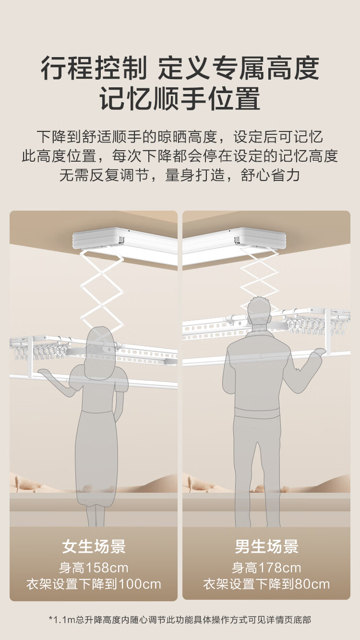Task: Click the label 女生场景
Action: click(94, 546)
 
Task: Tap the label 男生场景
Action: click(266, 546)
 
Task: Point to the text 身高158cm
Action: click(94, 568)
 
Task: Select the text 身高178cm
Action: click(266, 568)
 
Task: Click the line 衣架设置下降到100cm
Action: click(94, 584)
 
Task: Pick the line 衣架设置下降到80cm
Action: click(266, 584)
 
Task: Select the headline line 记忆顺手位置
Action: click(180, 98)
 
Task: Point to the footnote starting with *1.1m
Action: click(180, 619)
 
